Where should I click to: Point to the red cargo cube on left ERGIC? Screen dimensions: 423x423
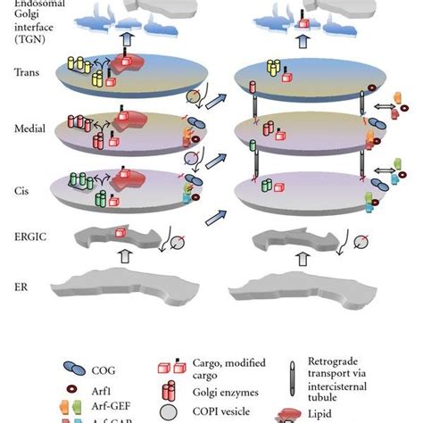[120, 233]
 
